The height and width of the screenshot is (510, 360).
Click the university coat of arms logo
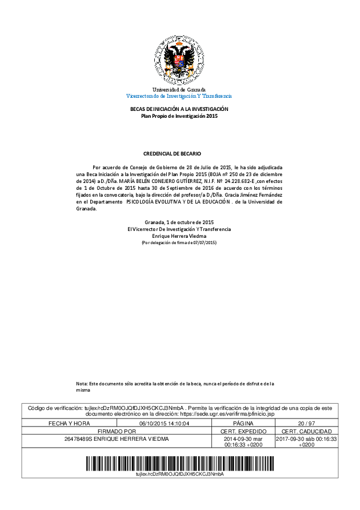[179, 60]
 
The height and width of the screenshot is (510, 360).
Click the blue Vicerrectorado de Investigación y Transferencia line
[179, 96]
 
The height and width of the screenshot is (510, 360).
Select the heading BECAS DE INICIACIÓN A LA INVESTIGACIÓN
[179, 109]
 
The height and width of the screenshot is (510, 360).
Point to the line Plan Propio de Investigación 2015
[179, 116]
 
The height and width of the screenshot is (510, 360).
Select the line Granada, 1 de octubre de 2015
[179, 222]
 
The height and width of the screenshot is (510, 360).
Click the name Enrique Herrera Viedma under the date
[179, 236]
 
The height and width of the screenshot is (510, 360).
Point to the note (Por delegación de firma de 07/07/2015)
[179, 243]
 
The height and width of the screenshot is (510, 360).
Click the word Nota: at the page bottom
[82, 383]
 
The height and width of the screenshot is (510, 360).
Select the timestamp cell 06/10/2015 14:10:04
[164, 423]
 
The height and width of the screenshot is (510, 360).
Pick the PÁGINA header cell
[243, 423]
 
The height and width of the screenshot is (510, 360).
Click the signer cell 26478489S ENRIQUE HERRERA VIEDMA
[117, 439]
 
